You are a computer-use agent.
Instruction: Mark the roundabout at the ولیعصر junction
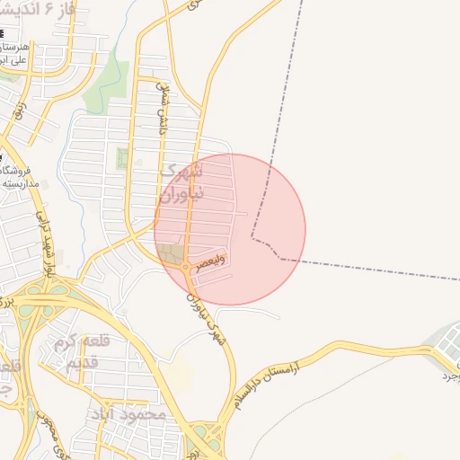pyautogui.click(x=186, y=268)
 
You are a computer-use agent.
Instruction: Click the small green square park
pyautogui.click(x=121, y=159)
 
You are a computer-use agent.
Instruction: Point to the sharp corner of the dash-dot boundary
pyautogui.click(x=252, y=238)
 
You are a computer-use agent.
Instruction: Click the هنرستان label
pyautogui.click(x=17, y=46)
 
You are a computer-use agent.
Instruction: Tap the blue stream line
pyautogui.click(x=127, y=36)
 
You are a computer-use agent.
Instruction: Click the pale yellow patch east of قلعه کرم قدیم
pyautogui.click(x=179, y=371)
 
